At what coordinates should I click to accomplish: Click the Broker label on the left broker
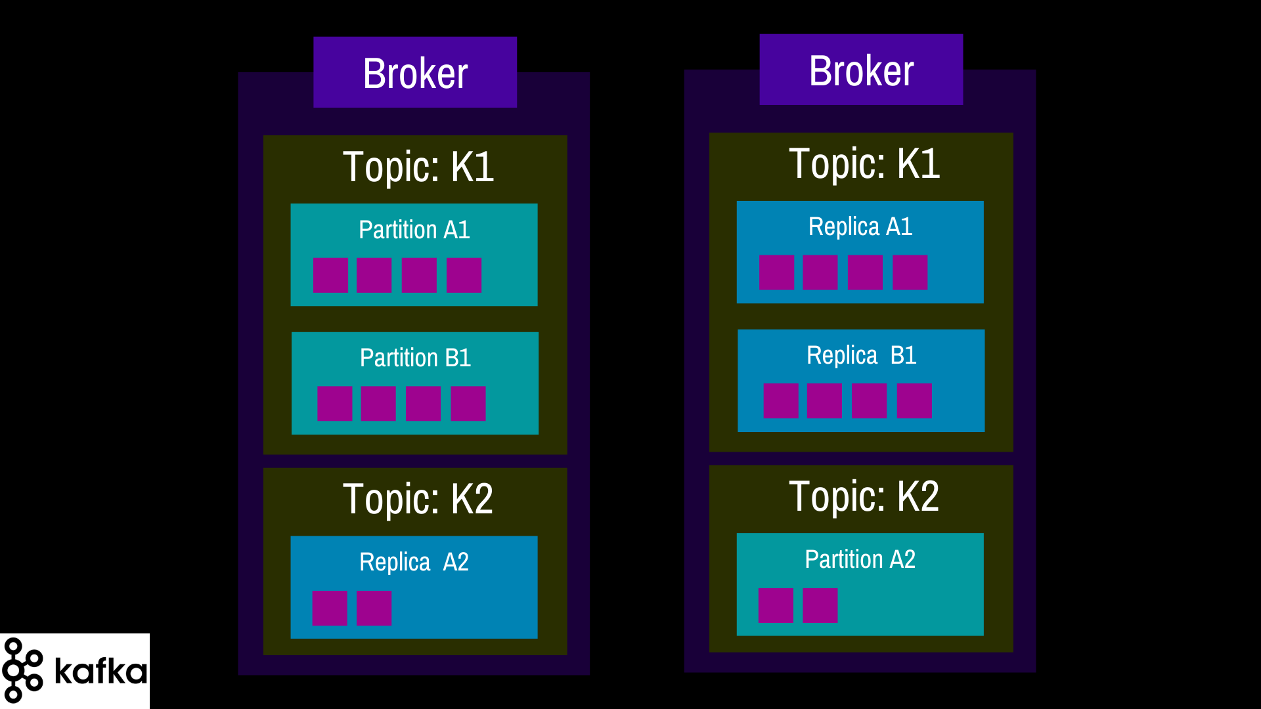point(415,73)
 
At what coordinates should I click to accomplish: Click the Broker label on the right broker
point(861,70)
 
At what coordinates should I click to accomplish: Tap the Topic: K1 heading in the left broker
point(418,167)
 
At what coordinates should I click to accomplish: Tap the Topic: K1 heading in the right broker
point(864,164)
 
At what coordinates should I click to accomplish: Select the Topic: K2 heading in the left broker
point(418,499)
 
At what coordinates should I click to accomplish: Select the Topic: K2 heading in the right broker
point(864,496)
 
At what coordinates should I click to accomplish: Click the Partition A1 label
point(414,230)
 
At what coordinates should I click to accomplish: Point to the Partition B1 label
point(416,358)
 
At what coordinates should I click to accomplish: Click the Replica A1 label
point(860,226)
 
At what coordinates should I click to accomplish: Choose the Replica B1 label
point(861,355)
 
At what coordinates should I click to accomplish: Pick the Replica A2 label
point(414,562)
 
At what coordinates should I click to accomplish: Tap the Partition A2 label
point(860,559)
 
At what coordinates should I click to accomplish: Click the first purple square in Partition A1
point(330,275)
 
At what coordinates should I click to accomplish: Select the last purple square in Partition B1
point(468,404)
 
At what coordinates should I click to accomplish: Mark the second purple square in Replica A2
point(374,608)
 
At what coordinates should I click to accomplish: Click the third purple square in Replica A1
point(865,272)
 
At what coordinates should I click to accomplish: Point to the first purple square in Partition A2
point(776,605)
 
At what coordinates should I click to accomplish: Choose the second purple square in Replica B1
point(824,401)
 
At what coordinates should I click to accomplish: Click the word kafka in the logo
point(100,670)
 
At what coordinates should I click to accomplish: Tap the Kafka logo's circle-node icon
point(22,670)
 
